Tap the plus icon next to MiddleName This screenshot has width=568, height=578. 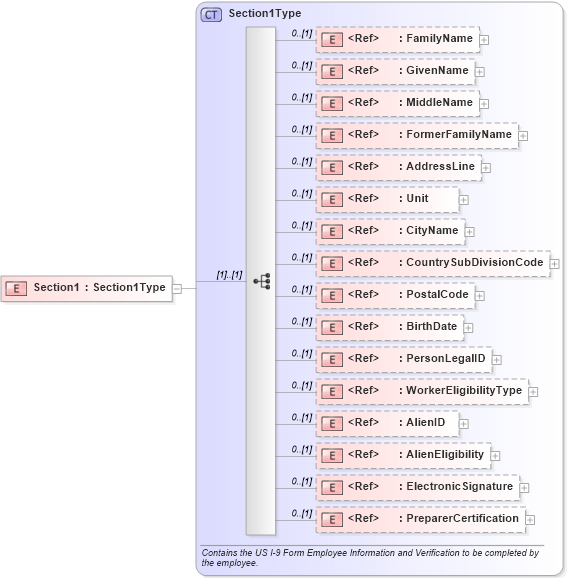480,104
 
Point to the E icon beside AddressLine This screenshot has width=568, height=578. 330,167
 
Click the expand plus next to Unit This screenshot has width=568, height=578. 464,200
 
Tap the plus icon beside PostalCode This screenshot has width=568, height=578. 479,296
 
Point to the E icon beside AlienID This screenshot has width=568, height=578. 330,423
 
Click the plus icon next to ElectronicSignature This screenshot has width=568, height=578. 524,488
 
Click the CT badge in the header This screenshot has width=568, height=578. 212,15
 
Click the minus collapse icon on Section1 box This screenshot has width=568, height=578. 177,288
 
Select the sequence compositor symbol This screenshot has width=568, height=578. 261,281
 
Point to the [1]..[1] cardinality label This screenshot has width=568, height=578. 229,275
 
